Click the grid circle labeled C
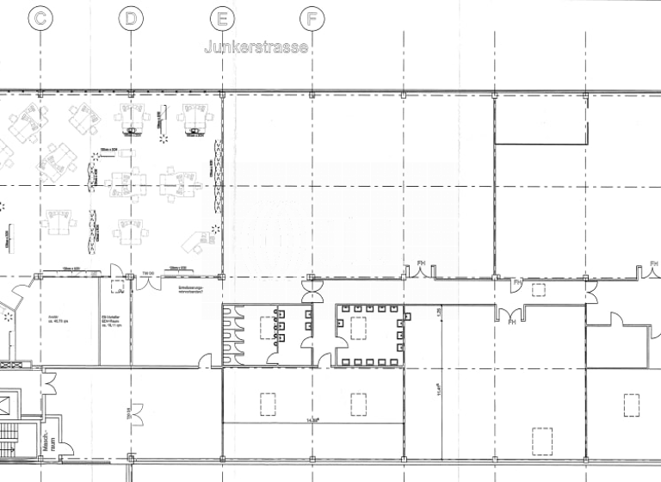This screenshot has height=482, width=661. click(40, 17)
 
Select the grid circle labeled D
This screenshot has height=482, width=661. click(130, 17)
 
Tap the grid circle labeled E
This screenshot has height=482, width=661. click(222, 17)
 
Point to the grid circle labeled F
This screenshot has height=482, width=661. click(312, 17)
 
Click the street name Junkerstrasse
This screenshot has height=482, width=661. click(256, 48)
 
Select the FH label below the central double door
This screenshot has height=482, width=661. click(511, 322)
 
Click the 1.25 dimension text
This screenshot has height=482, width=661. click(438, 312)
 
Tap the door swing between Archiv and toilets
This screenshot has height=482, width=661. click(205, 360)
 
